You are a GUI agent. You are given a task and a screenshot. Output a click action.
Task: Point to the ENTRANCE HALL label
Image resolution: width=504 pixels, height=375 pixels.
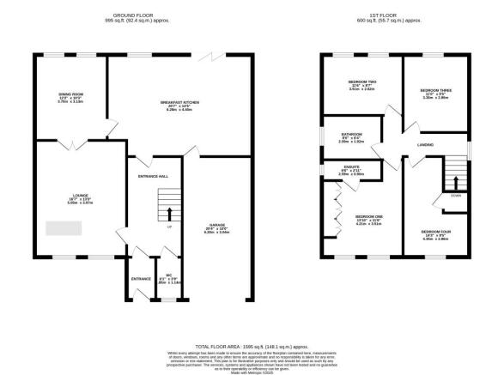pyautogui.click(x=152, y=177)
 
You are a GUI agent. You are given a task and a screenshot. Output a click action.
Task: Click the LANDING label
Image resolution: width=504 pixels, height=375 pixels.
pyautogui.click(x=425, y=146)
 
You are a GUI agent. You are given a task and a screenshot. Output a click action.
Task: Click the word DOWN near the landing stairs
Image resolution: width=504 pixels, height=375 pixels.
pyautogui.click(x=455, y=196)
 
